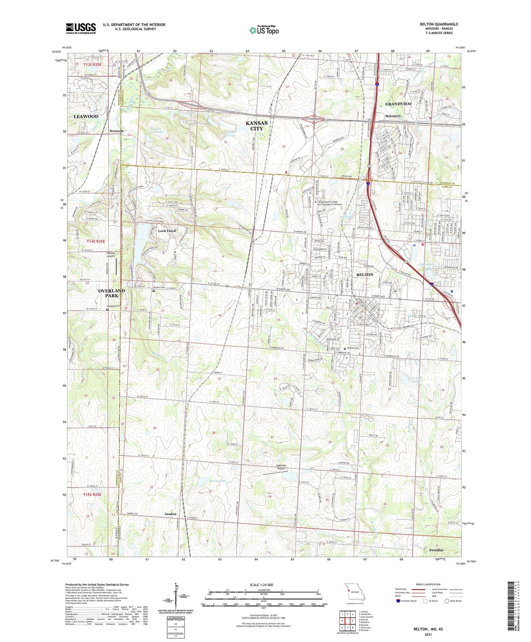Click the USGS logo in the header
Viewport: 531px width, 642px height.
(81, 28)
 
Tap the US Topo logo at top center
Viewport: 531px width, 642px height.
(264, 30)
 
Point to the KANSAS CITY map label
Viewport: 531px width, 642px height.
(256, 125)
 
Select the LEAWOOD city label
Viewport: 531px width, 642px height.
(86, 116)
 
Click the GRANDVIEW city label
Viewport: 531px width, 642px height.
(398, 104)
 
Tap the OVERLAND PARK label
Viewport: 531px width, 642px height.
(112, 293)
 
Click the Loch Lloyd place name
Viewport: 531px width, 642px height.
(167, 231)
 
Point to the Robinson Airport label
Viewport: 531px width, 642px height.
(281, 467)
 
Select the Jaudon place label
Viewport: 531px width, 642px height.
(171, 514)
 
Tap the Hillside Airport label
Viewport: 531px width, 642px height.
(111, 254)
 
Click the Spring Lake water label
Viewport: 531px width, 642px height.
(218, 481)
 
